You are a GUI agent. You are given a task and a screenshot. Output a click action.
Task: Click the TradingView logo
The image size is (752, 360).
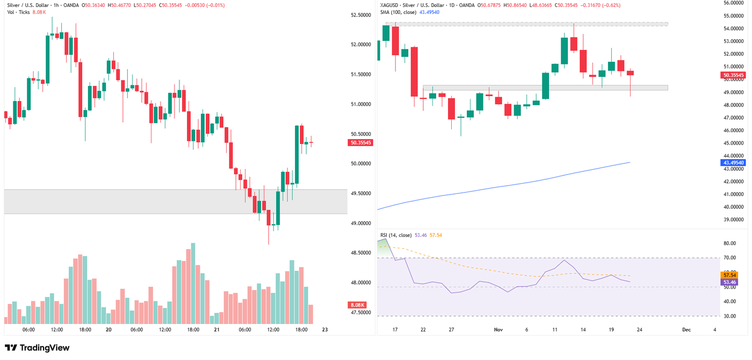click(37, 348)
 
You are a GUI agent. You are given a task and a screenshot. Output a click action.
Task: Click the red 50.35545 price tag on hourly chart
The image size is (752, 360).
click(360, 142)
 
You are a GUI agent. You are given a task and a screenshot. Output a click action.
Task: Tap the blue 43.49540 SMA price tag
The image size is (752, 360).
click(733, 162)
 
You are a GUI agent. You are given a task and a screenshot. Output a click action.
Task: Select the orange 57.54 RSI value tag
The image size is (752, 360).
click(729, 275)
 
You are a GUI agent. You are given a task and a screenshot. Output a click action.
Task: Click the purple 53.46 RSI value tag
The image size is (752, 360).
click(729, 282)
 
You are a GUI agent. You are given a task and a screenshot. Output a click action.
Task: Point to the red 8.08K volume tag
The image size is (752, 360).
click(357, 305)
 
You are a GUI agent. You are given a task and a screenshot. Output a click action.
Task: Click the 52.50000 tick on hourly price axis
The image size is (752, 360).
click(361, 15)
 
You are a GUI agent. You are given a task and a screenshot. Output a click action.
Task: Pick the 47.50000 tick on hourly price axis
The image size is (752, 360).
click(361, 312)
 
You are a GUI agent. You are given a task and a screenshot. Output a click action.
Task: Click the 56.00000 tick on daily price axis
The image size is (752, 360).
click(733, 3)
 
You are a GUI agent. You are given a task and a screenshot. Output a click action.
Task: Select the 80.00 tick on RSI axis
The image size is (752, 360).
click(729, 243)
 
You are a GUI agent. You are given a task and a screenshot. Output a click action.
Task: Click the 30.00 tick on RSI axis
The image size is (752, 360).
click(729, 316)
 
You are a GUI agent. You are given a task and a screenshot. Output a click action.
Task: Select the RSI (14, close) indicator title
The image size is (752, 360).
click(395, 235)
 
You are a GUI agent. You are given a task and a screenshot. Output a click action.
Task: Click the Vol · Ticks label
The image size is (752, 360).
click(18, 12)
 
